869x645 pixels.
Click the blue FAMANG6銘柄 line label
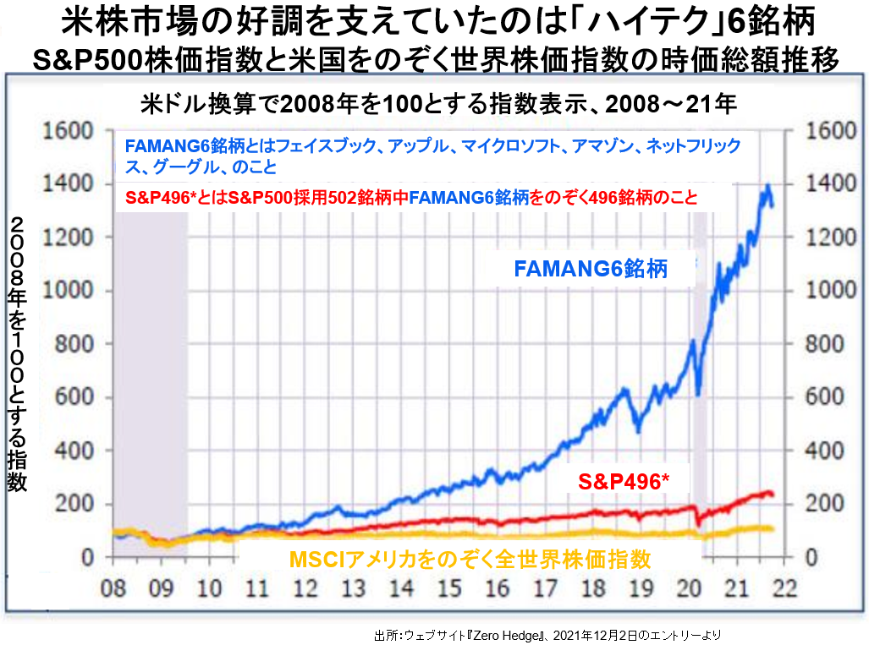point(591,270)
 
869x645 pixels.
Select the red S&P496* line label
point(624,481)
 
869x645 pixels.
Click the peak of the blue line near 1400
point(767,186)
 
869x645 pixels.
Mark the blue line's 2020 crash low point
point(698,394)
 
